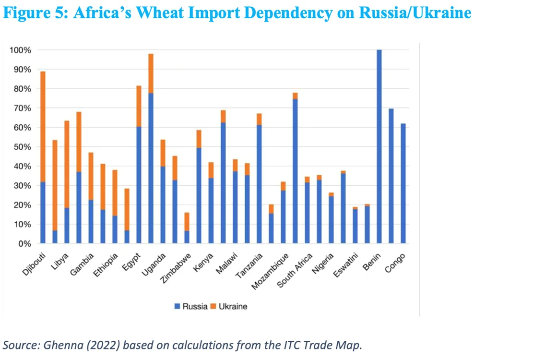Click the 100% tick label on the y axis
coord(21,50)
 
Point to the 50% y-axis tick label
coord(23,147)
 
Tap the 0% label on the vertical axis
coord(24,244)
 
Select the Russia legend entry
coord(191,306)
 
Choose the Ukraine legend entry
coord(229,306)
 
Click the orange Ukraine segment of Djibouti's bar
coord(43,127)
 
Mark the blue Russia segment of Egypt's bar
coord(139,185)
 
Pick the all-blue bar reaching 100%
coord(379,146)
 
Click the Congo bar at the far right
coord(403,183)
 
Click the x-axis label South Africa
coord(295,270)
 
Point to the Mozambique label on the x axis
coord(270,271)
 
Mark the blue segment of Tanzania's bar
coord(259,184)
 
